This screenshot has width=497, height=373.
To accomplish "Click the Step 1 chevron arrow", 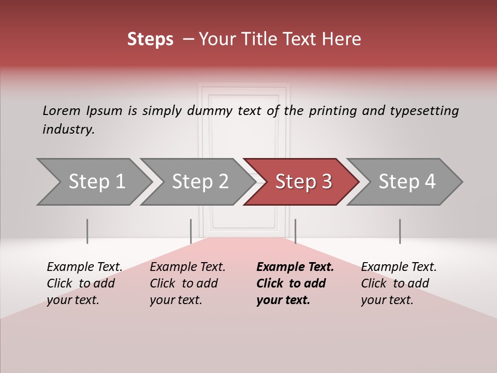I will [x=96, y=182].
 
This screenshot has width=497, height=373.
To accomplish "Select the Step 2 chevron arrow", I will [x=199, y=182].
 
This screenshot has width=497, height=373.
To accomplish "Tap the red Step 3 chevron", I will [x=303, y=182].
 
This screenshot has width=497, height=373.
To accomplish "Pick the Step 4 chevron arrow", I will [x=406, y=182].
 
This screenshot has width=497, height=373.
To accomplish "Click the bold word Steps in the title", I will [x=150, y=39].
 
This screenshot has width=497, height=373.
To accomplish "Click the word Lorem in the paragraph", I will [x=61, y=110].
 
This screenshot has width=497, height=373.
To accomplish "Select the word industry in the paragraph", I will [x=68, y=129].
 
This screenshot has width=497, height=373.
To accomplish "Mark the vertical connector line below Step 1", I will [x=87, y=231].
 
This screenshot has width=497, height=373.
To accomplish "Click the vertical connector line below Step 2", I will [x=191, y=231].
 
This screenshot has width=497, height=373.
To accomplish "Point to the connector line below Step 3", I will [x=295, y=231].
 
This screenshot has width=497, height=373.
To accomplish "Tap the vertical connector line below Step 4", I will [x=400, y=231].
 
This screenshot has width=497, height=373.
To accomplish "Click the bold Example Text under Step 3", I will [x=295, y=267].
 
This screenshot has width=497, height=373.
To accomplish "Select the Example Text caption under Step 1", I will [x=84, y=267].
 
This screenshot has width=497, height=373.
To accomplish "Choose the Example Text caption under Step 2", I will [x=187, y=267].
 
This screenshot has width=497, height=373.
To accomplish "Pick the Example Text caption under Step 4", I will [x=399, y=267].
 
